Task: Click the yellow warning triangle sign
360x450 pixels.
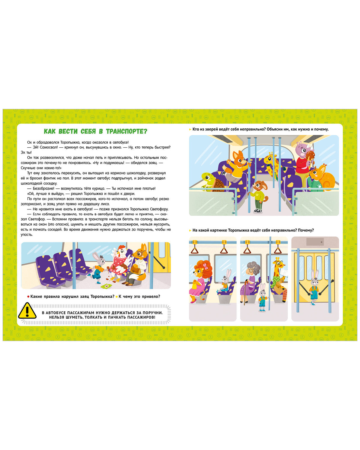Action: (27, 311)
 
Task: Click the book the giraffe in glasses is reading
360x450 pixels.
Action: (284, 273)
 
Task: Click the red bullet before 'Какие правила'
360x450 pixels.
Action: (28, 296)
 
